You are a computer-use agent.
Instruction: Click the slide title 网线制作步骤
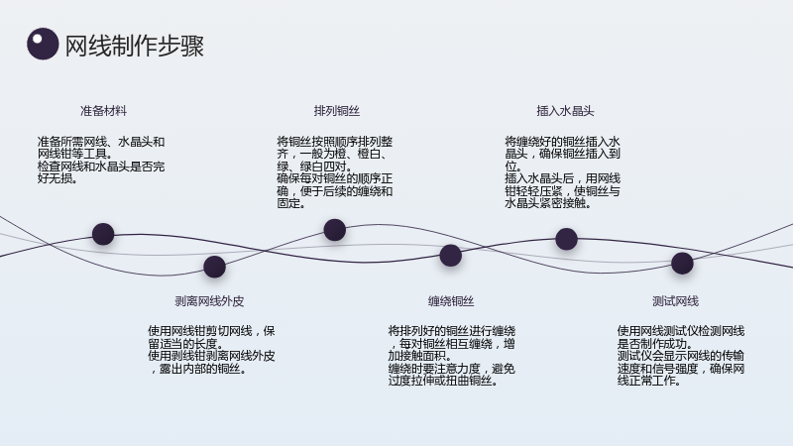click(x=135, y=46)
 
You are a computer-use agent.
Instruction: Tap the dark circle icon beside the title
click(x=43, y=44)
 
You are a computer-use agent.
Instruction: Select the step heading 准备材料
click(x=104, y=111)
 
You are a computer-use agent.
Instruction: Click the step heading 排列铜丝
click(x=337, y=111)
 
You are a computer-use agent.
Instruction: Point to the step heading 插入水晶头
click(x=565, y=111)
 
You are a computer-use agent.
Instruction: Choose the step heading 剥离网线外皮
click(x=209, y=301)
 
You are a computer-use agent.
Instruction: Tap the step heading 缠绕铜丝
click(x=451, y=301)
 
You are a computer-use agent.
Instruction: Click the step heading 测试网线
click(x=676, y=301)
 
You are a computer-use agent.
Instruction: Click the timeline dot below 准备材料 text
click(x=103, y=234)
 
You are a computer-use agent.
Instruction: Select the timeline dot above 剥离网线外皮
click(x=214, y=267)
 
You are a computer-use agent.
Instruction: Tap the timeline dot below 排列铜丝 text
click(x=335, y=230)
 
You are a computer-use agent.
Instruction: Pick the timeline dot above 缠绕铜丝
click(x=451, y=256)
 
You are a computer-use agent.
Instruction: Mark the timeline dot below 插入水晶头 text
click(x=566, y=239)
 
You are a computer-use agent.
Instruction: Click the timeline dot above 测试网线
click(x=682, y=263)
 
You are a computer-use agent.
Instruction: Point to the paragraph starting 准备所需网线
click(x=101, y=161)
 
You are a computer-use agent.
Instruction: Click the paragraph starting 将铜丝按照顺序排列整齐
click(x=335, y=172)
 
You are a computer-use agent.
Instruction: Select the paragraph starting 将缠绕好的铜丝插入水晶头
click(x=562, y=172)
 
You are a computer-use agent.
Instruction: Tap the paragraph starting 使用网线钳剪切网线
click(x=211, y=350)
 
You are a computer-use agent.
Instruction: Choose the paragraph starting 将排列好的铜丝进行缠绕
click(x=452, y=356)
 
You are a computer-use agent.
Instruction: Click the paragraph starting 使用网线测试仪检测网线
click(x=681, y=356)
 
